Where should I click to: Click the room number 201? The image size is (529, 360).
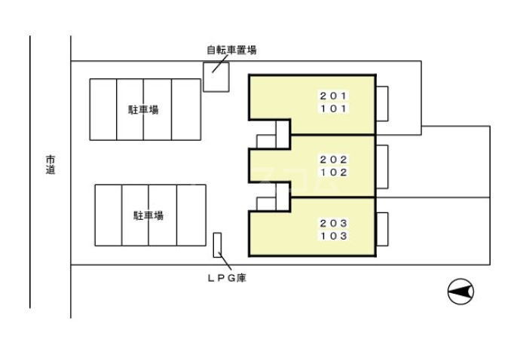(x=333, y=96)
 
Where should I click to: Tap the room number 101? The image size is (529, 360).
(x=333, y=108)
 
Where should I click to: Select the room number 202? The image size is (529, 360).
(x=333, y=160)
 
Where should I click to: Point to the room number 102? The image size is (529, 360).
(x=333, y=172)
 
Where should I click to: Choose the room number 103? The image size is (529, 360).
(x=333, y=236)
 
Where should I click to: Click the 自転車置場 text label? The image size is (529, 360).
(x=231, y=50)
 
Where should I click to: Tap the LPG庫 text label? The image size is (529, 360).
(x=227, y=278)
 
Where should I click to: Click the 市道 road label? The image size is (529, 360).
(x=50, y=165)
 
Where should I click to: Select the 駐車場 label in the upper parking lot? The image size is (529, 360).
(x=143, y=110)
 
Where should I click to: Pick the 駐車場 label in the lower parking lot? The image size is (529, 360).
(x=148, y=215)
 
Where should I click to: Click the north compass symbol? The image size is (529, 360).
(x=461, y=291)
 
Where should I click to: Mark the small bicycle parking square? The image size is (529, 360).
(x=216, y=77)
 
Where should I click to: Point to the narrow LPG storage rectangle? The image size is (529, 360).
(x=217, y=245)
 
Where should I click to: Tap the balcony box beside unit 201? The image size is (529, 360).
(x=381, y=103)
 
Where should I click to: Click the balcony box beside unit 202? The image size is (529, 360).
(x=381, y=166)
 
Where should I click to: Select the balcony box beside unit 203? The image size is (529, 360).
(x=381, y=230)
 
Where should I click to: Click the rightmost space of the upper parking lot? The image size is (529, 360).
(x=185, y=109)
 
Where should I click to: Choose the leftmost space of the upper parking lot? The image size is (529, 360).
(x=103, y=109)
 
